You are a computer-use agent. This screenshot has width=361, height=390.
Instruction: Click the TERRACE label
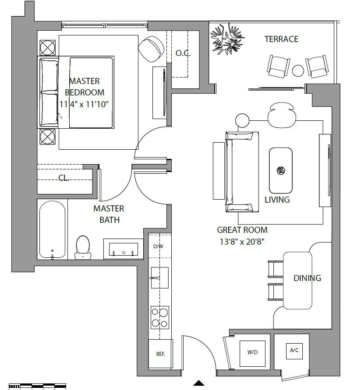[x=281, y=39]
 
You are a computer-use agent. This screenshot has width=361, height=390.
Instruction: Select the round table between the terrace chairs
[x=298, y=70]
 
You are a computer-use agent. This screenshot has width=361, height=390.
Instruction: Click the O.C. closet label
[x=183, y=53]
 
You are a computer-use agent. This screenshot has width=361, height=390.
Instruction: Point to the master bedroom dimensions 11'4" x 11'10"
[x=84, y=104]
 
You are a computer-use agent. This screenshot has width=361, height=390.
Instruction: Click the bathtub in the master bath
[x=52, y=229]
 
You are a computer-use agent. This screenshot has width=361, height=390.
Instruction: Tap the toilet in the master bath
[x=83, y=247]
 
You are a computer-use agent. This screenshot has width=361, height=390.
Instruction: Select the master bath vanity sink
[x=124, y=249]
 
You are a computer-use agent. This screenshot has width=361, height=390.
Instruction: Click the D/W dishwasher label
[x=158, y=246]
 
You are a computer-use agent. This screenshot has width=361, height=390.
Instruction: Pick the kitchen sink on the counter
[x=159, y=278]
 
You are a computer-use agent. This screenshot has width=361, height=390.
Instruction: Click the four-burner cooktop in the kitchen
[x=160, y=318]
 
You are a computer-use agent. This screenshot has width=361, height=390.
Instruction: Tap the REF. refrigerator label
[x=161, y=354]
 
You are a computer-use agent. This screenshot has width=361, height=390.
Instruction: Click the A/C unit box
[x=294, y=351]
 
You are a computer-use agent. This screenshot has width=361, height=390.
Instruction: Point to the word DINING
[x=307, y=278]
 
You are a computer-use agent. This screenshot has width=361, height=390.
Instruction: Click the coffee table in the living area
[x=280, y=171]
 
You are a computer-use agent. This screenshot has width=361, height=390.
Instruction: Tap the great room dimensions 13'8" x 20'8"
[x=242, y=242]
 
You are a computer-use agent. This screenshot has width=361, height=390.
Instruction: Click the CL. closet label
[x=64, y=178]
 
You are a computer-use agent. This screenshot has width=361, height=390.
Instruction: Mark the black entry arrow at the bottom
[x=198, y=383]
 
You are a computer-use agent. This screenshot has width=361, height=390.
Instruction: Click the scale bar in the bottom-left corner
[x=37, y=386]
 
